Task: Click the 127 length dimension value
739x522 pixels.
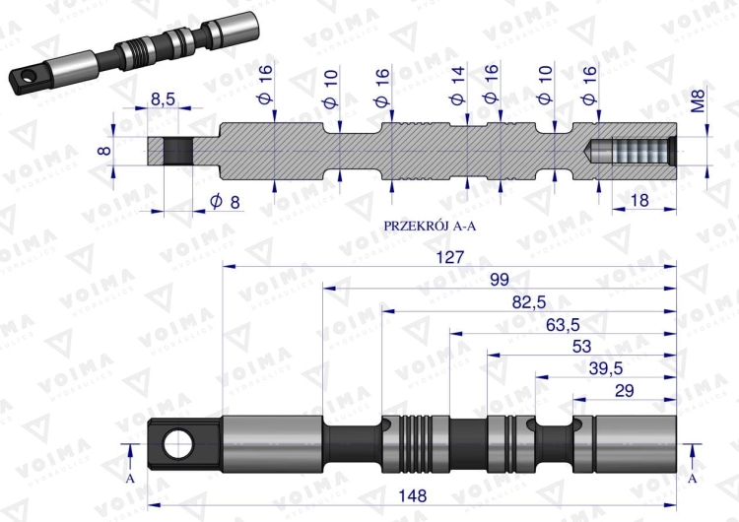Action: [x=449, y=254]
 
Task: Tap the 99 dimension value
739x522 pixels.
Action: [x=500, y=279]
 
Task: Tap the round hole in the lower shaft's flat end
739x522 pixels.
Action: [x=178, y=444]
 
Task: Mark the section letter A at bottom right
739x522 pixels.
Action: [x=692, y=477]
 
